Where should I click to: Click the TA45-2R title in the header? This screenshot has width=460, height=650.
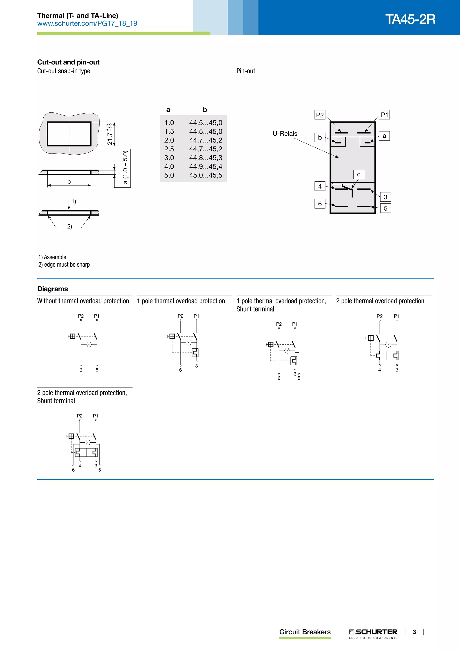[x=410, y=19]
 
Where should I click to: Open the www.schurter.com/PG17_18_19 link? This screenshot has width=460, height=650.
[x=87, y=24]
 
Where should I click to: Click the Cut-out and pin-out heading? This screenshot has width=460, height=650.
[x=68, y=62]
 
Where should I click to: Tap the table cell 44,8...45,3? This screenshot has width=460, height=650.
[x=206, y=158]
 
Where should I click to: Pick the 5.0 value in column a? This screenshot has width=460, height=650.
[x=169, y=175]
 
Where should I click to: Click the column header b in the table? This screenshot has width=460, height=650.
[x=205, y=110]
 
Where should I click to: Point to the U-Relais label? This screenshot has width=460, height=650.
[x=285, y=134]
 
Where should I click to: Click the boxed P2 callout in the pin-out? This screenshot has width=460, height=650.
[x=320, y=115]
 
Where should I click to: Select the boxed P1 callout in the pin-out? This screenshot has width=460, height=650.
[x=384, y=115]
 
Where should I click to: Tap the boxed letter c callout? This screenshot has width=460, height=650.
[x=359, y=174]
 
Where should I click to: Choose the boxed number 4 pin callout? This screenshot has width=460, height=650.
[x=320, y=186]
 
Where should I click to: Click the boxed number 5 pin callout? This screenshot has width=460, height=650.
[x=385, y=208]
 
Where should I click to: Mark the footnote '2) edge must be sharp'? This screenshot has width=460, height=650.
[x=64, y=265]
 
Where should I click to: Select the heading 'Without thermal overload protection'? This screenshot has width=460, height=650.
[x=83, y=301]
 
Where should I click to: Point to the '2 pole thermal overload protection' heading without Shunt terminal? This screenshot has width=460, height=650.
[x=380, y=301]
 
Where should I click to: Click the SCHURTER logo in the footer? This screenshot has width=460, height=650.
[x=373, y=632]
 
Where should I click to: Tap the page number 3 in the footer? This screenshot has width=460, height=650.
[x=414, y=632]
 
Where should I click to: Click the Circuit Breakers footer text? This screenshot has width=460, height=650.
[x=305, y=632]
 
